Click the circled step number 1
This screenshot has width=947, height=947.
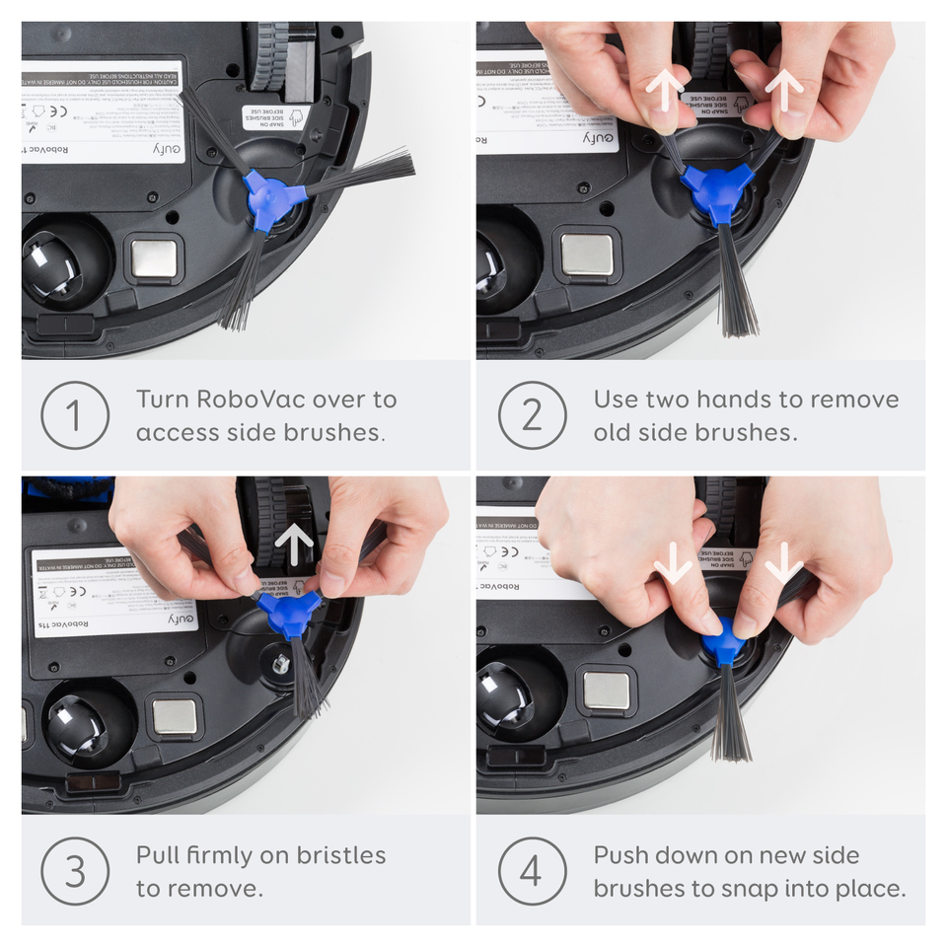pos(74,415)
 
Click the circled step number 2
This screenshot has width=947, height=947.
pos(532,415)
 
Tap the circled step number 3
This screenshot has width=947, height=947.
pos(74,871)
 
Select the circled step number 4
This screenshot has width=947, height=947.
pos(532,871)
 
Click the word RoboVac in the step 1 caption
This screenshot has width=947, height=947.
pos(250,400)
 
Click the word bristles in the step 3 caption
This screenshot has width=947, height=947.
pos(336,855)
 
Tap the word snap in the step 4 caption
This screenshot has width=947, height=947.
pos(756,888)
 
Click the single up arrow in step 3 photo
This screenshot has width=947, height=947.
pos(295,546)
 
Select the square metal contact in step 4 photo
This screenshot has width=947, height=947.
pos(604,691)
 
